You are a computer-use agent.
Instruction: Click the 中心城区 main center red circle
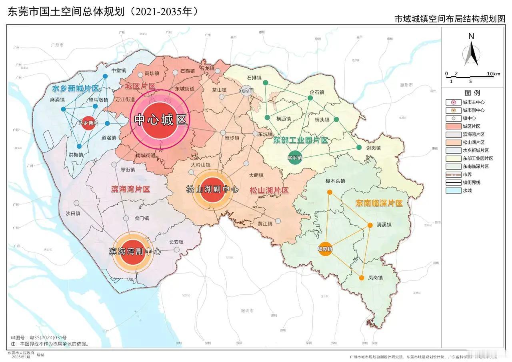click(160, 120)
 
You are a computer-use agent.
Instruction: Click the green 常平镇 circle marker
click(294, 158)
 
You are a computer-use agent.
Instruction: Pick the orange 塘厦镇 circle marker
click(325, 248)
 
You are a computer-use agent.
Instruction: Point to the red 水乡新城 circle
click(88, 123)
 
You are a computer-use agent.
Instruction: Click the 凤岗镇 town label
click(375, 278)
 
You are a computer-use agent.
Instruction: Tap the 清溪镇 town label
click(384, 224)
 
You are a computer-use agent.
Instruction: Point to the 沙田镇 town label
click(73, 214)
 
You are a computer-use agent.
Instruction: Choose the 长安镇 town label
click(176, 242)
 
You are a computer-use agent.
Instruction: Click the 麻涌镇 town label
click(58, 100)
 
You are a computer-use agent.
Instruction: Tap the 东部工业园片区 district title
click(300, 140)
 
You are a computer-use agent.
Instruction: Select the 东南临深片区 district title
click(379, 203)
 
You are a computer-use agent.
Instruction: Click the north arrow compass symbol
click(471, 52)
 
